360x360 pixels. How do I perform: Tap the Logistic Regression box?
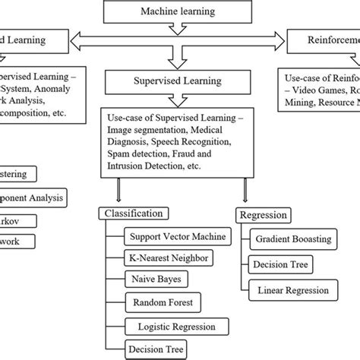[171, 327]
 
